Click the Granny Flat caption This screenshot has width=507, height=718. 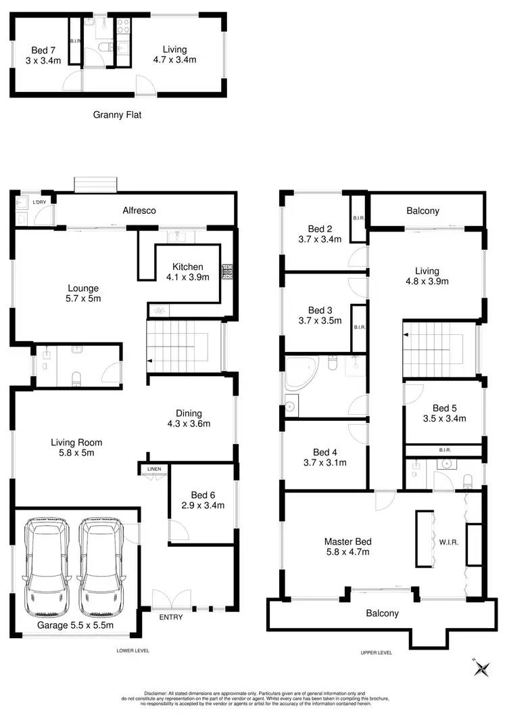(x=117, y=115)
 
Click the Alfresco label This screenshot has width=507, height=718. (x=140, y=210)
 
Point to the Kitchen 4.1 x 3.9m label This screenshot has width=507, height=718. (x=187, y=272)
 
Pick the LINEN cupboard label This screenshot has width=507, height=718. (x=151, y=468)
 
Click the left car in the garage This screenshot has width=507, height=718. (x=45, y=564)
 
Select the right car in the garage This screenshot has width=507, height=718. (x=102, y=564)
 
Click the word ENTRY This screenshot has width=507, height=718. (x=170, y=617)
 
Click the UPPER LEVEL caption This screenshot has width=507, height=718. (x=376, y=652)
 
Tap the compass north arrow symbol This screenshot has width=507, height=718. (x=482, y=669)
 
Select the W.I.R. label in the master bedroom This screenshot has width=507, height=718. (x=449, y=541)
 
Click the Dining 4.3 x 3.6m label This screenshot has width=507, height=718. (x=189, y=419)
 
